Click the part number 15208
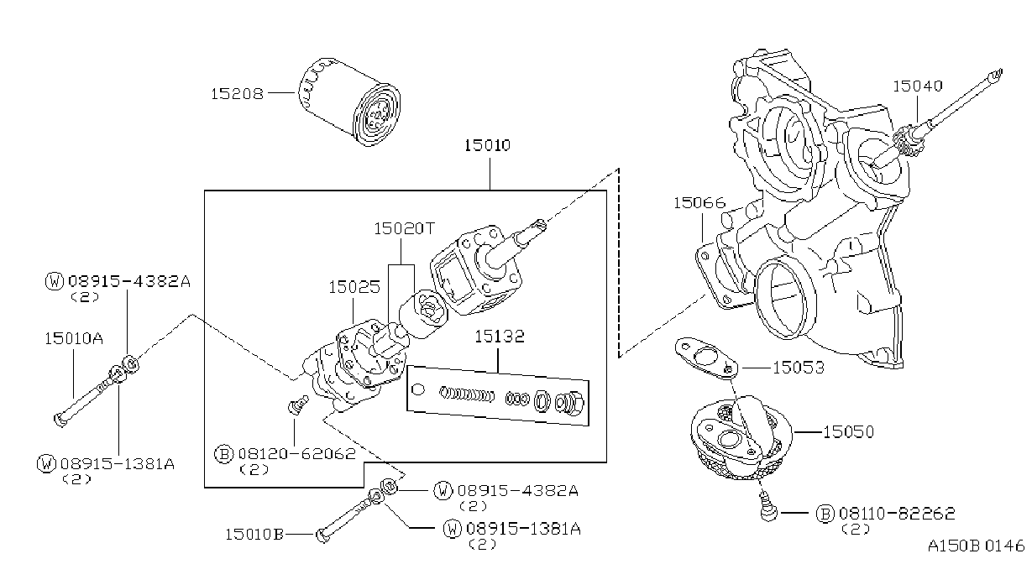click(237, 94)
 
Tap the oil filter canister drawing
click(349, 102)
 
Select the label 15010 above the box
click(487, 145)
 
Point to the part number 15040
click(918, 86)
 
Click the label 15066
click(699, 202)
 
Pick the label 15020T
click(404, 228)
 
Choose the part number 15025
click(354, 287)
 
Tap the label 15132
click(500, 337)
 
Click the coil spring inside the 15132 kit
click(466, 394)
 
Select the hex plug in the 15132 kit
click(569, 404)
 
